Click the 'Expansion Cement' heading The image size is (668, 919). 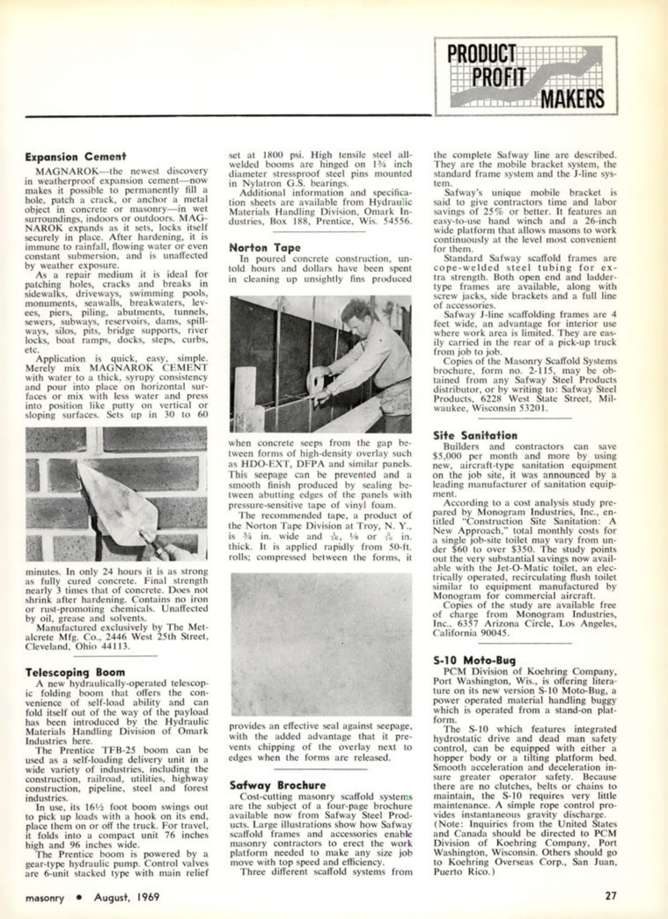tap(76, 156)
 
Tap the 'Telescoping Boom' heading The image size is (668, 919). tap(75, 672)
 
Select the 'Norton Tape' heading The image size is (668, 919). tap(265, 247)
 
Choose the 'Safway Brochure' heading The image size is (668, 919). tap(277, 785)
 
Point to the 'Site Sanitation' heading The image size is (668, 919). tap(475, 435)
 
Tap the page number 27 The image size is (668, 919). tap(610, 896)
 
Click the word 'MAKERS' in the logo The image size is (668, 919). tap(572, 99)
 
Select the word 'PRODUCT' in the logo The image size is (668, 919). tap(482, 54)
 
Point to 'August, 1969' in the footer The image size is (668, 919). tap(126, 897)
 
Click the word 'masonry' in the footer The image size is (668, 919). tap(45, 897)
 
